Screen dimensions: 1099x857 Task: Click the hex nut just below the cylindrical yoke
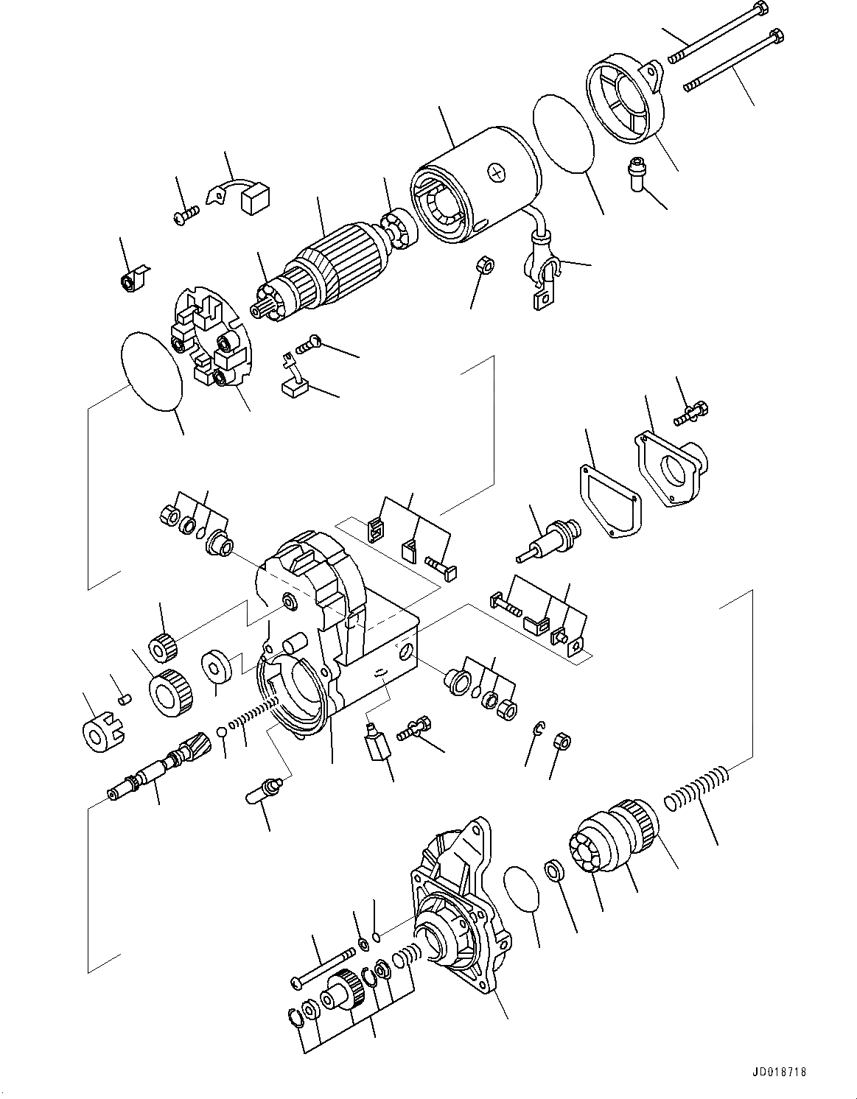tap(486, 264)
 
